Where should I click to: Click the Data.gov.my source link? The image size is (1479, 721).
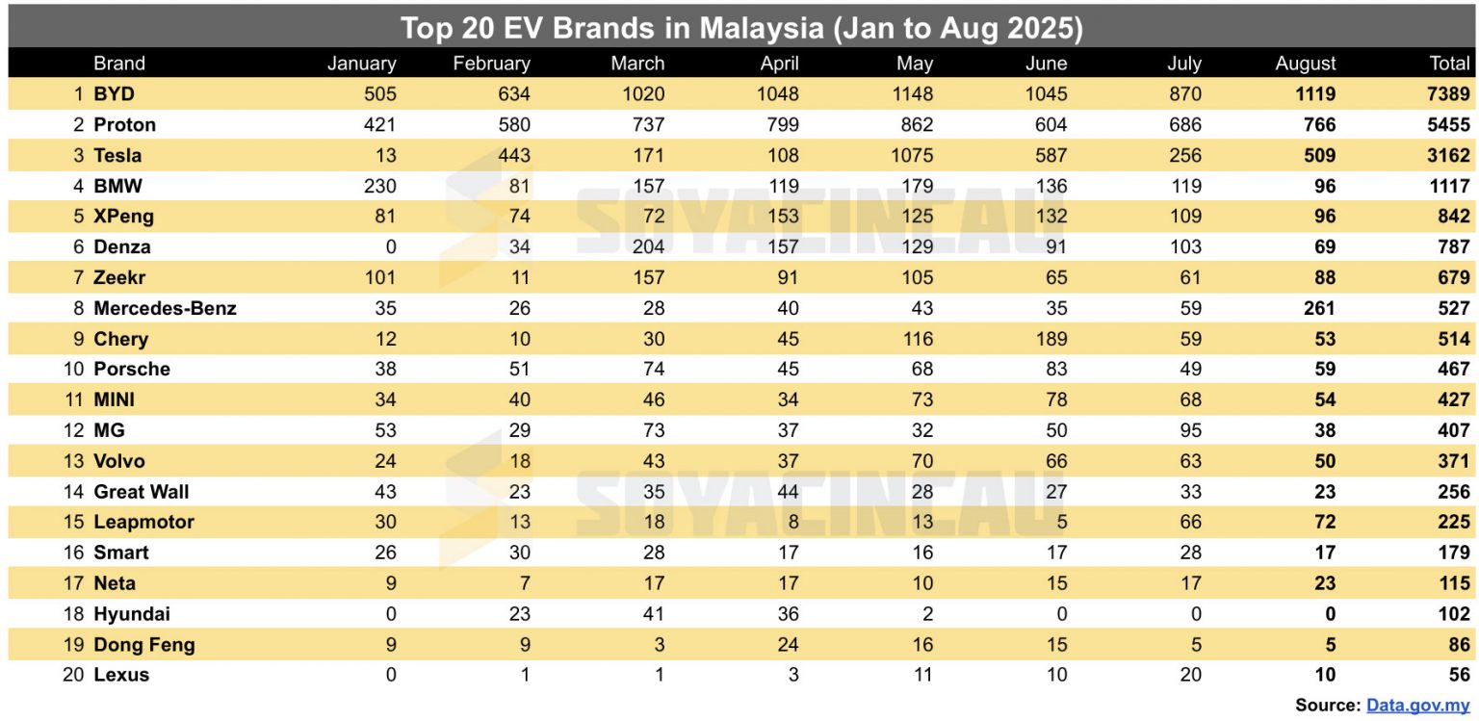(x=1417, y=706)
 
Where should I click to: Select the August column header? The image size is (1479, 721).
(x=1305, y=64)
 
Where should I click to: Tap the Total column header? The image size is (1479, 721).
(x=1449, y=64)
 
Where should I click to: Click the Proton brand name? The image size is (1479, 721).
(x=124, y=125)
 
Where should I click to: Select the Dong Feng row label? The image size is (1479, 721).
(x=143, y=644)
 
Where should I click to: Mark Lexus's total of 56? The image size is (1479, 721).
(x=1459, y=675)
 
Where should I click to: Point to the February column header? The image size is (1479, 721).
(x=491, y=64)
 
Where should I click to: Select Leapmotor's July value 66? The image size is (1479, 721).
(x=1190, y=522)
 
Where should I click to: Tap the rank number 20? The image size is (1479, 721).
(x=73, y=675)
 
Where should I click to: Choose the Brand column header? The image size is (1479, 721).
(x=119, y=64)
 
